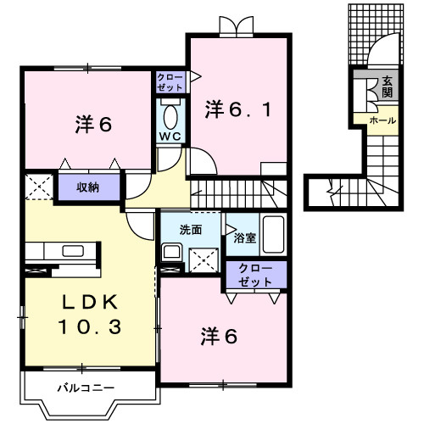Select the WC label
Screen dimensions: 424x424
170,136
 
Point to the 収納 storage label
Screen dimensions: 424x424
89,187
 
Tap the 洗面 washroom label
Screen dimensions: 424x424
190,229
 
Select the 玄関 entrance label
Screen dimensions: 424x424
387,87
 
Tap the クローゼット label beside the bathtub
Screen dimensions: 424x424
256,274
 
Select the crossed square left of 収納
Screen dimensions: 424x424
39,187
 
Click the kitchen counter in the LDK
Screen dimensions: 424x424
59,251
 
